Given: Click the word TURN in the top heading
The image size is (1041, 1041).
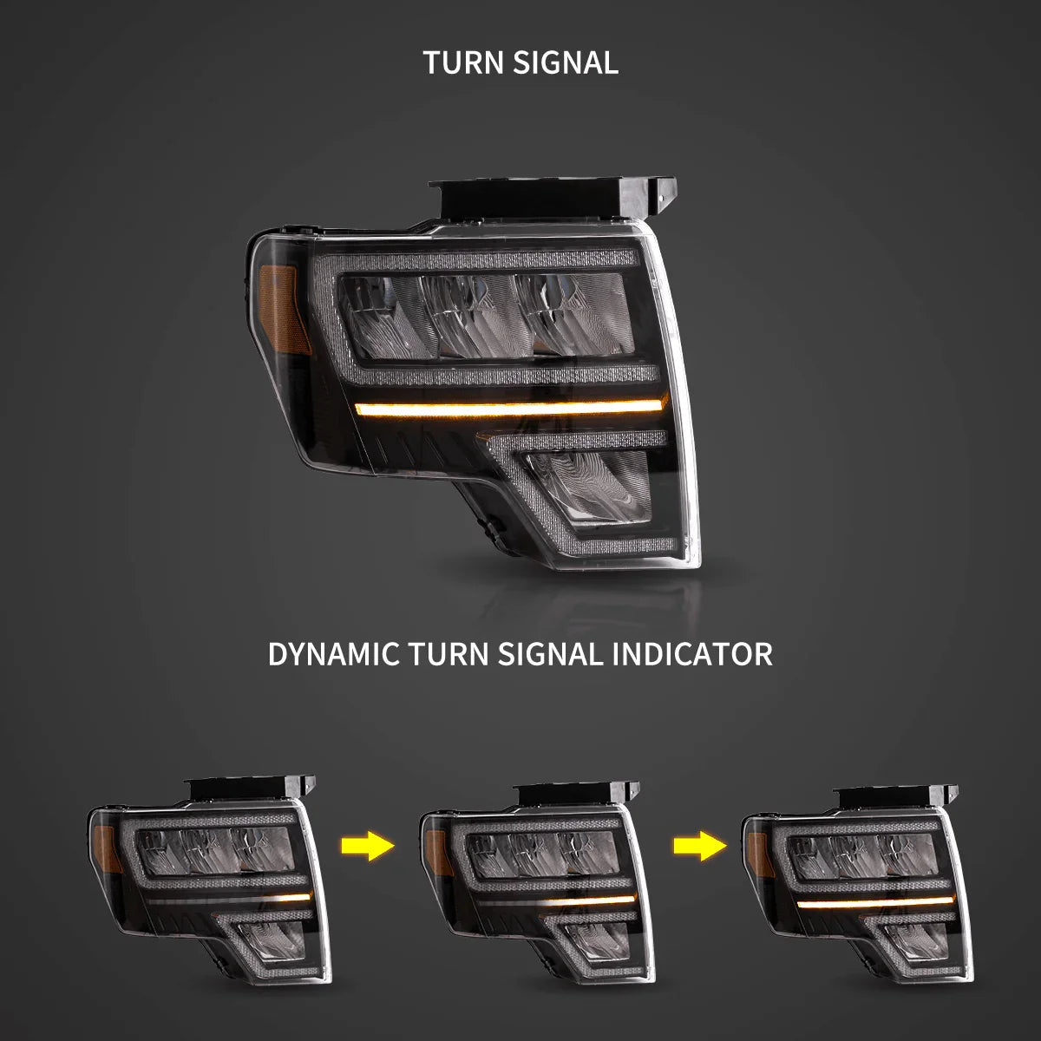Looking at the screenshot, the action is (x=463, y=62).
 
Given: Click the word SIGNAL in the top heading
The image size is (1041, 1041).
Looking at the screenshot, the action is (x=565, y=62).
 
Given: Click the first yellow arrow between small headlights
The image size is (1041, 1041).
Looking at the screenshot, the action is (x=367, y=846).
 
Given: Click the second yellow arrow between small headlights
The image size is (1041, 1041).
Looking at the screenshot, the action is (x=699, y=846).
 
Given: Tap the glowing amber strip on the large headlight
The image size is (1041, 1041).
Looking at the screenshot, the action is (x=509, y=408).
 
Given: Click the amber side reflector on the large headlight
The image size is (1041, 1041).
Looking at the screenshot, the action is (x=284, y=310).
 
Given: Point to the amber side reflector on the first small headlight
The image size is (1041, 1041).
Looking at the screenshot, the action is (x=106, y=849).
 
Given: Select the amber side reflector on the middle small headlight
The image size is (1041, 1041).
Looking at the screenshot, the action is (x=437, y=853).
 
